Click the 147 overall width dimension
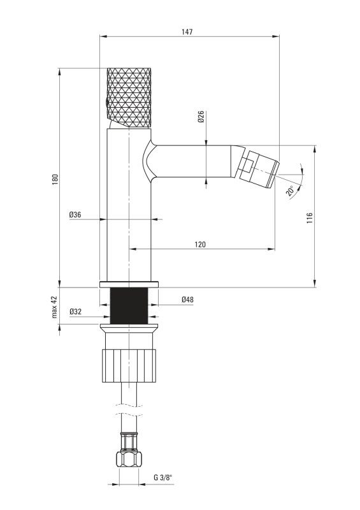pos(187,31)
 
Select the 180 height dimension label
pos(55,180)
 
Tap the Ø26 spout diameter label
pos(201,117)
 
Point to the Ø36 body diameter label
pos(75,215)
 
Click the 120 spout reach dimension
pos(200,244)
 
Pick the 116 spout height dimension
pos(309,217)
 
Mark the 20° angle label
pos(290,190)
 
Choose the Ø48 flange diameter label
pos(187,299)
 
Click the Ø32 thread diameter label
pos(75,312)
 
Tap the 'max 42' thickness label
pos(54,307)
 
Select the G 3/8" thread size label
pos(163,477)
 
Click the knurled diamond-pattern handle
pos(129,98)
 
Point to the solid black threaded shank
pos(129,306)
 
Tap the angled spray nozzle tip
pos(260,169)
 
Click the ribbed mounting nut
pos(129,365)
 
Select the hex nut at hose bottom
pos(129,459)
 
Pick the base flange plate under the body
pos(129,284)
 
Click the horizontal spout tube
pos(192,162)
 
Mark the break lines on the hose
pos(129,409)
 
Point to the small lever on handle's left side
pos(107,103)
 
